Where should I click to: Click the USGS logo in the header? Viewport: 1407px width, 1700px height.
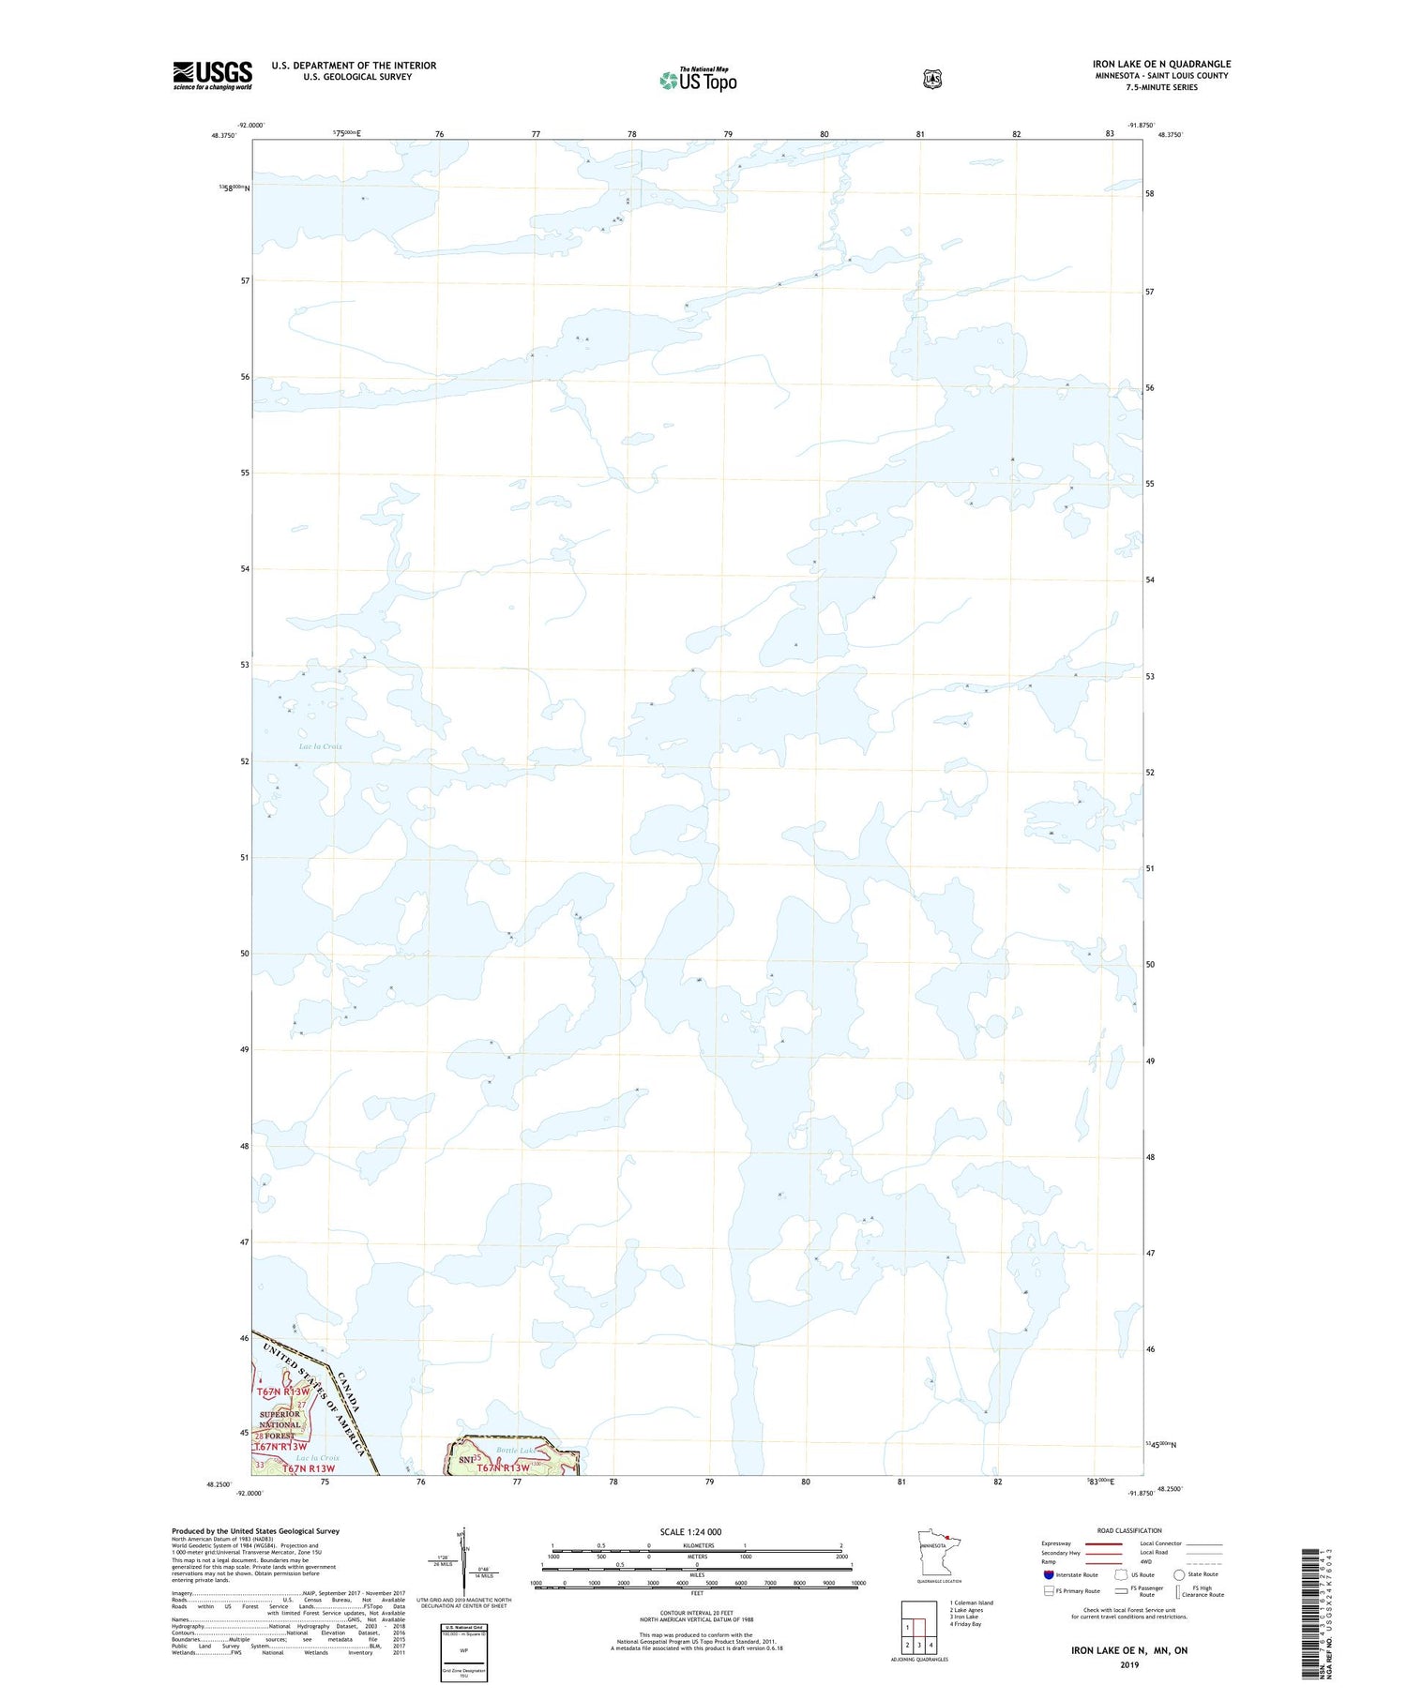coord(212,75)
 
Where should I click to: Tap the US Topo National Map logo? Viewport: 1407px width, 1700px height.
coord(698,80)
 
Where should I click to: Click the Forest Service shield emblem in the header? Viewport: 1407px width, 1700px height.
coord(931,79)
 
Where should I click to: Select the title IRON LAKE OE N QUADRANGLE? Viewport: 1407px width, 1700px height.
coord(1161,64)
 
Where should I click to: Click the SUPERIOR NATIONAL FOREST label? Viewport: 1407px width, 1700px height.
coord(280,1424)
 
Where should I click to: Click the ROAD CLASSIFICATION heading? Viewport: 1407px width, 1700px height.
coord(1129,1530)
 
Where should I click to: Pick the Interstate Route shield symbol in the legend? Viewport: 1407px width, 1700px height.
coord(1048,1574)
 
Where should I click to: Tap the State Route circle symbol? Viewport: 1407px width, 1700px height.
coord(1179,1574)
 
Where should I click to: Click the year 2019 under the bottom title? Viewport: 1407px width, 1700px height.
coord(1128,1665)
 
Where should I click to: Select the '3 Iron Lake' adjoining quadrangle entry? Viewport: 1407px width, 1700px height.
coord(965,1617)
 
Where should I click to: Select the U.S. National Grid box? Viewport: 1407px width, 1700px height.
coord(463,1653)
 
